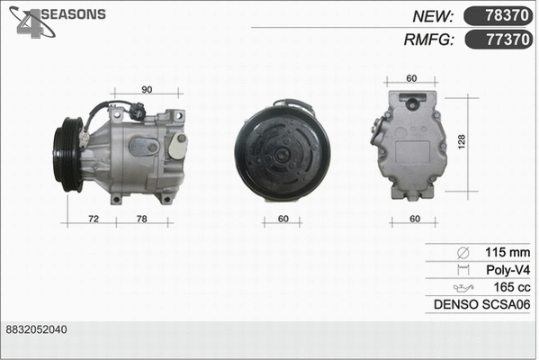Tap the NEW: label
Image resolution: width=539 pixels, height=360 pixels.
point(433,15)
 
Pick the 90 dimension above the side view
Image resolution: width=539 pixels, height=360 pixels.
point(147,89)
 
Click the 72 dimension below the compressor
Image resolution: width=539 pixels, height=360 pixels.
point(93,220)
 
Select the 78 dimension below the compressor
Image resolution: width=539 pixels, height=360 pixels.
point(141,220)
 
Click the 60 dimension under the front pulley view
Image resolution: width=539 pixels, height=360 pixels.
point(283,220)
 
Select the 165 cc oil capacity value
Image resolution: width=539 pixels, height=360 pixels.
point(511,286)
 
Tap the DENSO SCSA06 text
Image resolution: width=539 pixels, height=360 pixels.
point(481,304)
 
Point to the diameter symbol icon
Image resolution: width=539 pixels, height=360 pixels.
point(463,252)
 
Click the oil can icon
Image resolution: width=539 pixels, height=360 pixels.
point(463,287)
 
